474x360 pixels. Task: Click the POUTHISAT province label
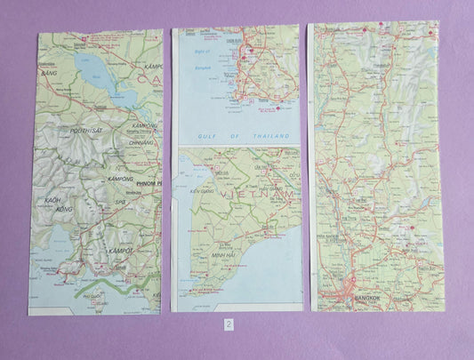[x=81, y=130]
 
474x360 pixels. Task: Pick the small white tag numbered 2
[x=229, y=324]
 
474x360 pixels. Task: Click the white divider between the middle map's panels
[x=238, y=144]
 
